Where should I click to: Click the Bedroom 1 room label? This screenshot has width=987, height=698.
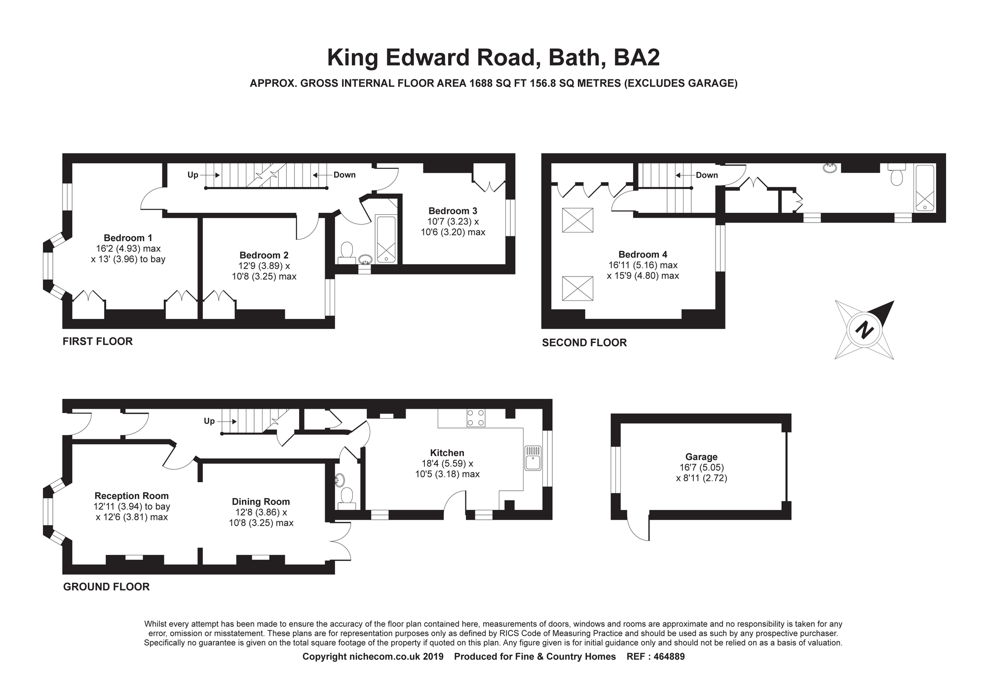[124, 238]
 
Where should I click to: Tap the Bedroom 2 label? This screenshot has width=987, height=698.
[264, 255]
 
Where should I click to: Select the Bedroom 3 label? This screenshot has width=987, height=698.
[453, 211]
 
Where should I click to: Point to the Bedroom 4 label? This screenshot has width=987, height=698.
[643, 255]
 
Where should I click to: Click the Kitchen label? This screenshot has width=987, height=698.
[447, 453]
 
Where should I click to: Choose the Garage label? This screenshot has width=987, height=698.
[701, 457]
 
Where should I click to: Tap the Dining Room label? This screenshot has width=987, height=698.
[261, 502]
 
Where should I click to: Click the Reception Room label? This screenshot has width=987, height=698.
[132, 496]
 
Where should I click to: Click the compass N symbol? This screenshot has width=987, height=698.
[864, 330]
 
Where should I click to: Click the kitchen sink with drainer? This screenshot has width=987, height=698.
[533, 458]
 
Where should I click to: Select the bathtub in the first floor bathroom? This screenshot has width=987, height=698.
[386, 239]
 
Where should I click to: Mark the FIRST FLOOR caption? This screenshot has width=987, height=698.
[98, 342]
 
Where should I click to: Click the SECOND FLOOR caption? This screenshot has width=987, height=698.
[584, 343]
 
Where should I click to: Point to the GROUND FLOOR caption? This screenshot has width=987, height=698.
[106, 587]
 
